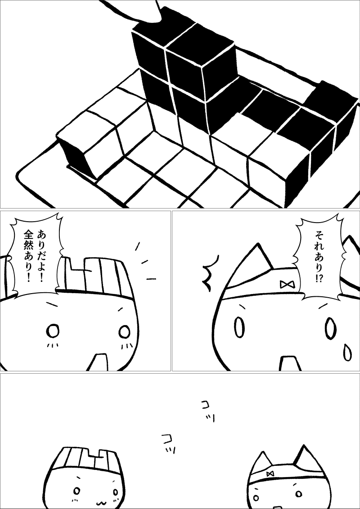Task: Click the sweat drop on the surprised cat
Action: coord(347,353)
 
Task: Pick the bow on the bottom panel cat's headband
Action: coord(270,473)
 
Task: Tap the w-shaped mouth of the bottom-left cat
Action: coord(102,503)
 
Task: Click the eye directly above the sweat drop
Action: coord(330,328)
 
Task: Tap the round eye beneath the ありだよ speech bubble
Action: coord(53,331)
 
